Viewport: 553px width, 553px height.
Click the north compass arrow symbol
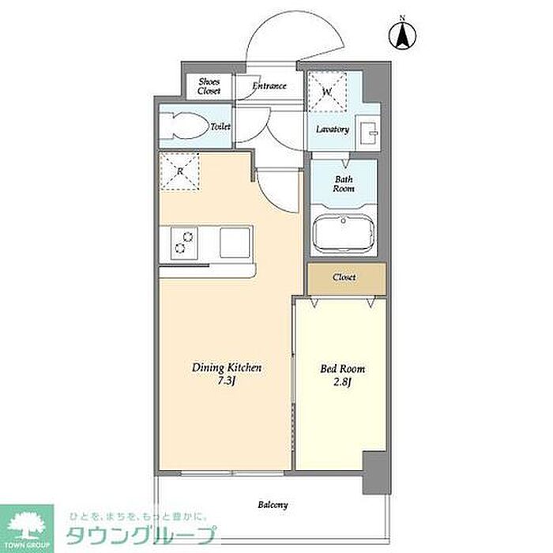click(x=402, y=35)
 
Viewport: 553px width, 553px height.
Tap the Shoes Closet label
click(x=209, y=86)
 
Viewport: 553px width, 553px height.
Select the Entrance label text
click(x=269, y=85)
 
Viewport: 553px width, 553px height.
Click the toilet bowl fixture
click(x=184, y=126)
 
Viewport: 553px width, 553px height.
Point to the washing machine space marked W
click(x=327, y=92)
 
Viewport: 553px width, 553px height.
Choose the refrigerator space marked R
click(x=180, y=171)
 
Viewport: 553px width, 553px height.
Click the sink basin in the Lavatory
click(x=367, y=132)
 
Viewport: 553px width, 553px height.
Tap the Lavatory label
click(x=333, y=130)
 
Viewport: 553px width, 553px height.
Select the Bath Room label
click(x=344, y=184)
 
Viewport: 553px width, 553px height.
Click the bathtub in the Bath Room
click(x=343, y=233)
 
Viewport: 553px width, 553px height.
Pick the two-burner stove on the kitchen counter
click(x=184, y=243)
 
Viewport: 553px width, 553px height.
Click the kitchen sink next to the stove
click(x=235, y=243)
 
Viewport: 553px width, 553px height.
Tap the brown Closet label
click(x=344, y=277)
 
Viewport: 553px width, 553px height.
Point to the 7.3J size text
click(x=227, y=381)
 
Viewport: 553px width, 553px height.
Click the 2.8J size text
click(x=342, y=382)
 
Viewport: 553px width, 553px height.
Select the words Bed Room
click(x=342, y=369)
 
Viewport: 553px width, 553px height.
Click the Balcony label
click(x=273, y=505)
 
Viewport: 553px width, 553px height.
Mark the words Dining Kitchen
click(x=227, y=368)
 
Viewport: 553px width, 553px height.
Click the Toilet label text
click(x=220, y=126)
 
